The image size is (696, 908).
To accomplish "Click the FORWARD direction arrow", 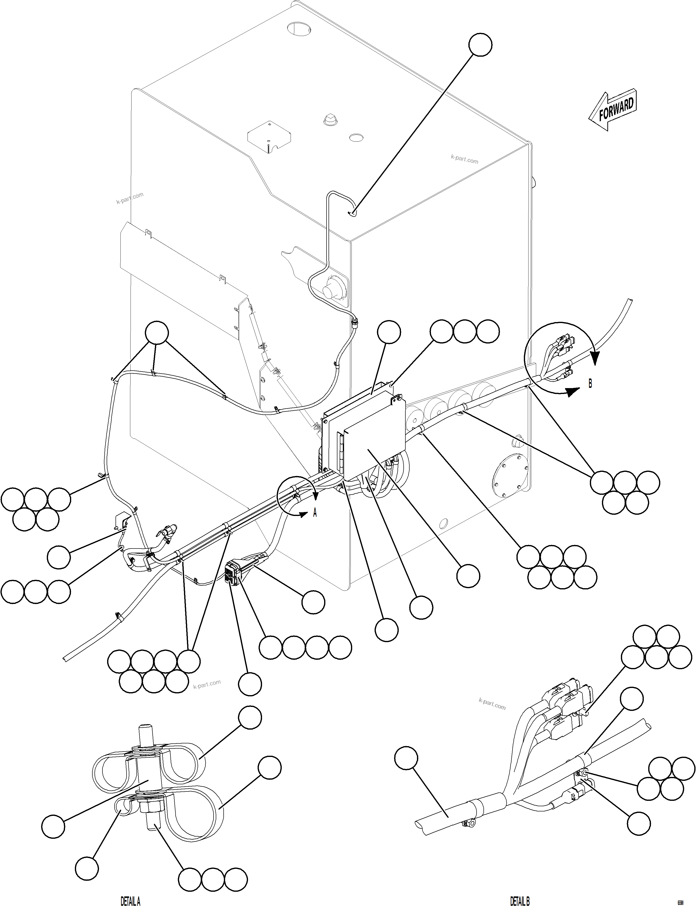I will click(612, 110).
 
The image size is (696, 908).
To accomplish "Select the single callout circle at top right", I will click(481, 45).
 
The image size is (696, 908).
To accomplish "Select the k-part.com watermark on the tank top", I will click(464, 159).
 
